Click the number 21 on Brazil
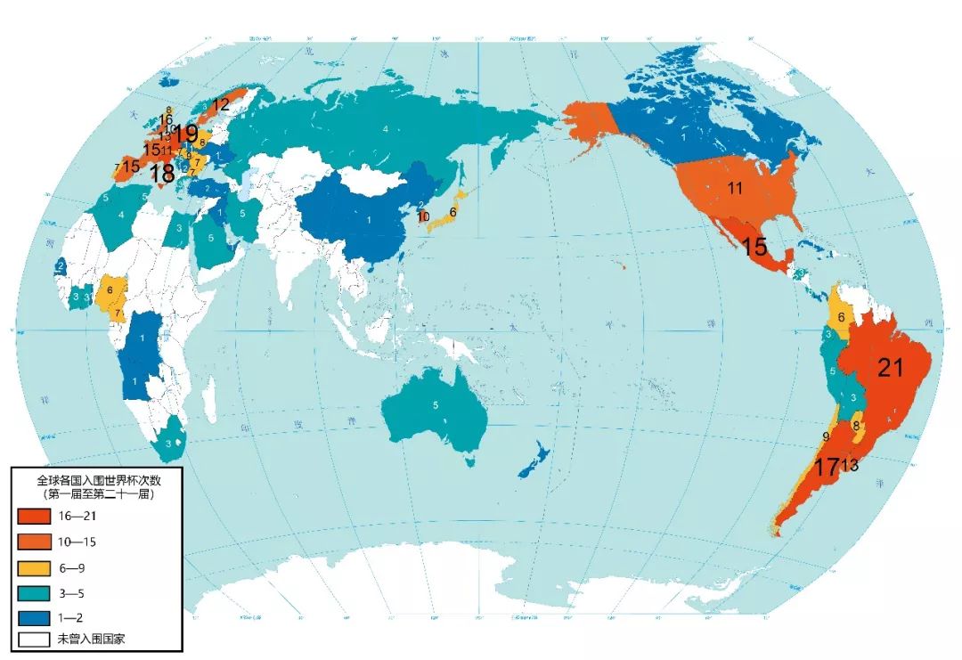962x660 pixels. [x=891, y=367]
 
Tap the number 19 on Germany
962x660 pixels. [x=185, y=134]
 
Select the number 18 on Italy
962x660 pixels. [x=162, y=174]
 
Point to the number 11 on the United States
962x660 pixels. [x=735, y=188]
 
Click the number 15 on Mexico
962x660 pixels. [x=754, y=247]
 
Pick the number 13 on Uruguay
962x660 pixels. [x=850, y=466]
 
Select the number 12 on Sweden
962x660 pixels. [x=220, y=104]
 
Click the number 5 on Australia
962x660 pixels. [x=436, y=405]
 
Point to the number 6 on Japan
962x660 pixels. [x=452, y=212]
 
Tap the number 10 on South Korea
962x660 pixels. [x=424, y=216]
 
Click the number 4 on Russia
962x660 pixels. [x=385, y=130]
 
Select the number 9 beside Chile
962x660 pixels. [x=826, y=436]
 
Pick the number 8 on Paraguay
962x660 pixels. [x=856, y=426]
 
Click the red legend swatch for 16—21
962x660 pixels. [x=35, y=516]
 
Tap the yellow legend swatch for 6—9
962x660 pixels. [x=35, y=566]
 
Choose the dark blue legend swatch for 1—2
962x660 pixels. [x=35, y=615]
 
